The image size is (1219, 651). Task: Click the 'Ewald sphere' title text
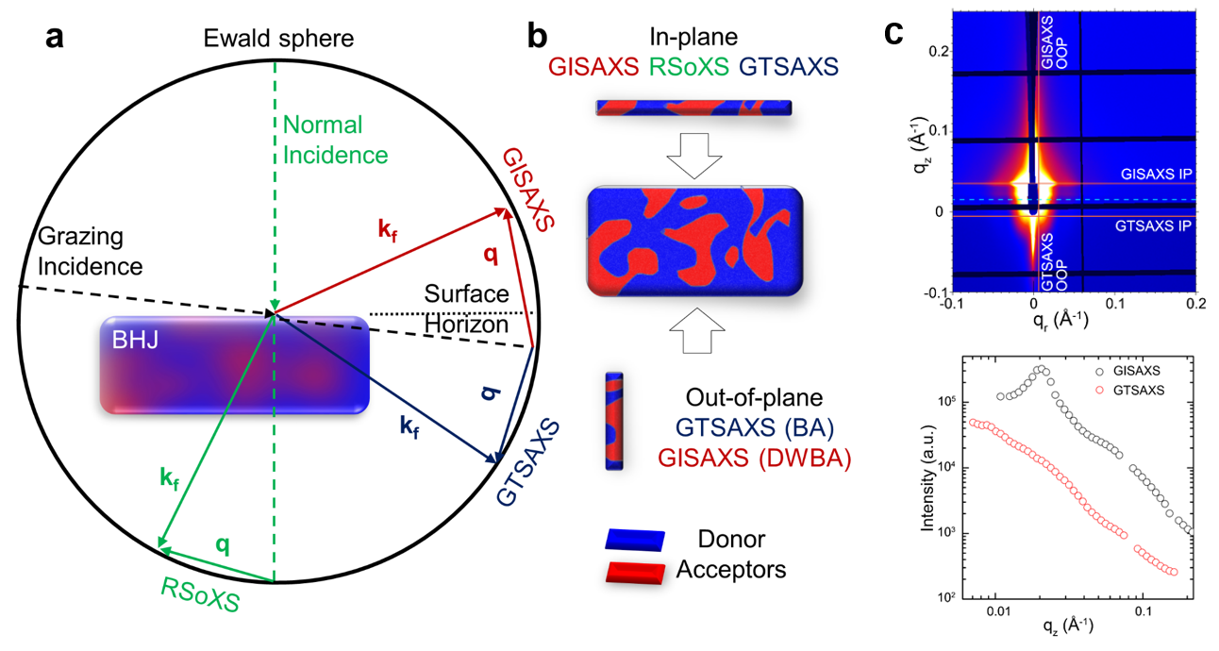tap(278, 39)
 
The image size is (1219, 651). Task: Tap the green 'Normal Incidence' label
tap(335, 140)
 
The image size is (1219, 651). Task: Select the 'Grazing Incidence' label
tap(91, 252)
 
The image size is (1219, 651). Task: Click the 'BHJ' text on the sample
tap(136, 341)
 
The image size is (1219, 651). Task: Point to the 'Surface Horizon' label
tap(466, 309)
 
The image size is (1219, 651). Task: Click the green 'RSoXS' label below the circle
tap(200, 594)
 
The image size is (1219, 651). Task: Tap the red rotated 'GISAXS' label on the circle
tap(527, 190)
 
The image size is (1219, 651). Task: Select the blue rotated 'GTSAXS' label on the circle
tap(527, 462)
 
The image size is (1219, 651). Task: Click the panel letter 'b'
tap(538, 37)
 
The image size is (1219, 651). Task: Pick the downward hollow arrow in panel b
tap(693, 156)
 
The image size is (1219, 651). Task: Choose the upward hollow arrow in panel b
tap(696, 330)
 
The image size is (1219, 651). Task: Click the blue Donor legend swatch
tap(635, 540)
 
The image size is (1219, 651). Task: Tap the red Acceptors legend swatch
tap(635, 574)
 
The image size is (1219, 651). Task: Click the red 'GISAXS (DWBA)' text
tap(754, 458)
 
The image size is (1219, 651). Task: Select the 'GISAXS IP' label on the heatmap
tap(1156, 175)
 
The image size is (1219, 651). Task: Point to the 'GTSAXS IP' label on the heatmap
tap(1153, 225)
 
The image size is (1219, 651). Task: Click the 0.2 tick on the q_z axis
tap(938, 51)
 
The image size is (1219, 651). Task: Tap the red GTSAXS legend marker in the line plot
tap(1100, 391)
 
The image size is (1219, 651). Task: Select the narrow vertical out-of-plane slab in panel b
tap(614, 422)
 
